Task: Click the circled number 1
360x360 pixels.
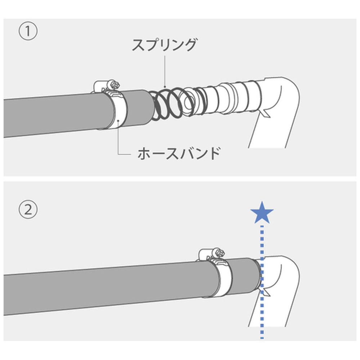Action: pos(28,32)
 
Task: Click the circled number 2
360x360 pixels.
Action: pos(28,210)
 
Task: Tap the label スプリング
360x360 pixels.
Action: pos(164,46)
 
